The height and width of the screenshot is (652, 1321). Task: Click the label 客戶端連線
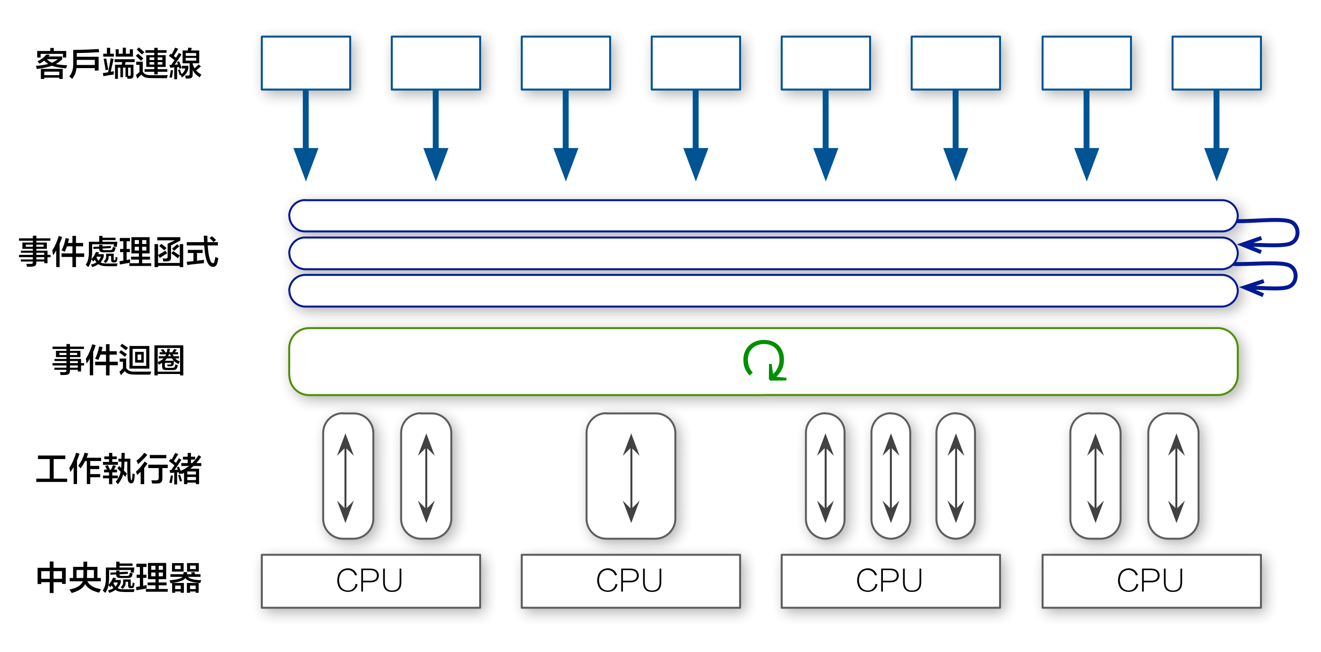click(119, 64)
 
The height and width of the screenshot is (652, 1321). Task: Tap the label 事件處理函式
click(119, 252)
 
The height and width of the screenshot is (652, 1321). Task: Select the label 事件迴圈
click(119, 361)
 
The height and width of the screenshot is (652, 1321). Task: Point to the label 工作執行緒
click(119, 469)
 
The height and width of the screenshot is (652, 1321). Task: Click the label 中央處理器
click(119, 578)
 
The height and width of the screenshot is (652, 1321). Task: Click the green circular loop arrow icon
click(764, 361)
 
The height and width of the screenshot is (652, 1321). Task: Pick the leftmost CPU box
click(370, 581)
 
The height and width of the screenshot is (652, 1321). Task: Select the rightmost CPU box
click(1151, 581)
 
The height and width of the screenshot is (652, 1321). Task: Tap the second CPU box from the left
click(630, 581)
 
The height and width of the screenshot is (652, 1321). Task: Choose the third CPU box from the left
click(890, 581)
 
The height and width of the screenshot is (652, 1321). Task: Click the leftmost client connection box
click(306, 63)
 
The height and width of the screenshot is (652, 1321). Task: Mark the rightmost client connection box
click(1216, 63)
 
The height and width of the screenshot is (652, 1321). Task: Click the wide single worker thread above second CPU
click(631, 477)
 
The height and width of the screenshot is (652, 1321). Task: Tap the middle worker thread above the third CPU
click(891, 477)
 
